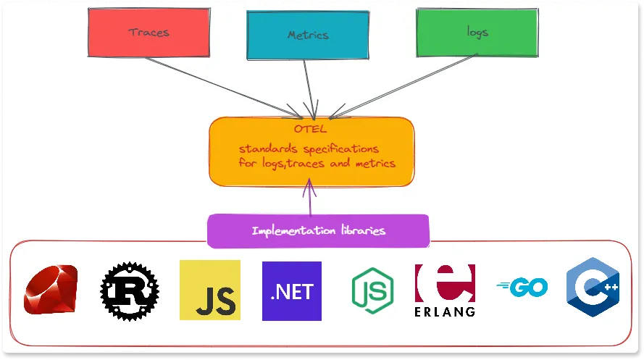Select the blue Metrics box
point(307,35)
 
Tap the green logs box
point(478,33)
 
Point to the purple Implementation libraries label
point(319,231)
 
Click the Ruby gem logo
point(50,290)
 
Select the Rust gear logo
point(130,291)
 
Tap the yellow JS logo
point(209,290)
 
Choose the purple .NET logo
point(291,291)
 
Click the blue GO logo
point(522,288)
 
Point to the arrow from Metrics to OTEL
point(309,87)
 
